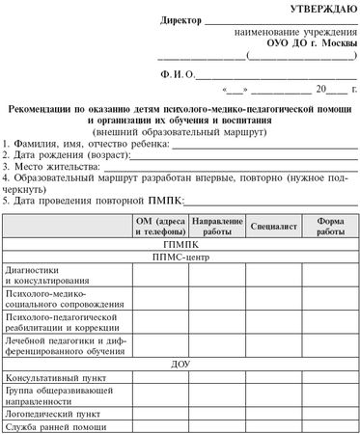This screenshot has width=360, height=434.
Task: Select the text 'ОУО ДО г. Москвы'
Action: coord(304,45)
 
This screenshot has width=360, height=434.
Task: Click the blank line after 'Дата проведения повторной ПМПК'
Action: coord(270,201)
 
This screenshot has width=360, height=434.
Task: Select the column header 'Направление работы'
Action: coord(217,228)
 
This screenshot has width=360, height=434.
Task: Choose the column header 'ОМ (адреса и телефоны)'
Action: coord(160,228)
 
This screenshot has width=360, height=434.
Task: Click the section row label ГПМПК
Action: coord(180,245)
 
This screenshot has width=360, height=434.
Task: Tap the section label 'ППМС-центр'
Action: coord(180,258)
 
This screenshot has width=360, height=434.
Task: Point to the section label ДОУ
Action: coord(180,365)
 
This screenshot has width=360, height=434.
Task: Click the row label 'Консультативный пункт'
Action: coord(51,377)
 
